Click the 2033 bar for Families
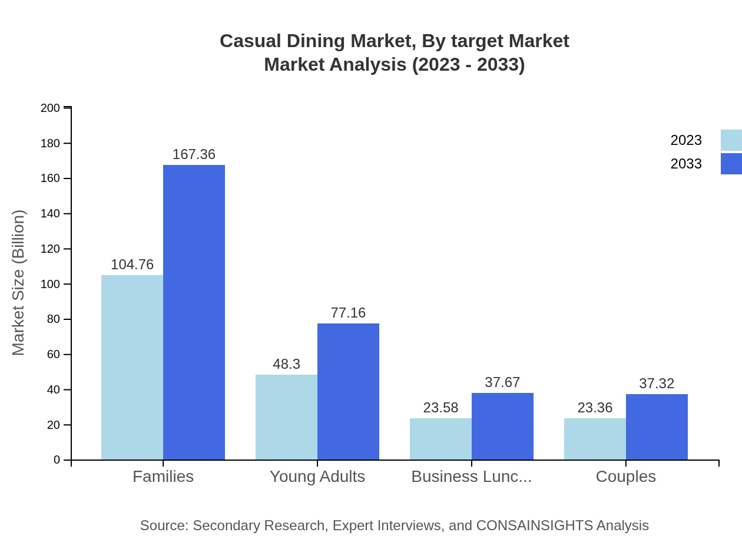[194, 312]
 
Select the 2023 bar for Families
[132, 367]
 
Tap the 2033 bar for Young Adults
[348, 391]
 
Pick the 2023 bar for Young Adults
[286, 417]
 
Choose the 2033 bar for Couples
[657, 427]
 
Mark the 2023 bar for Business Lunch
[440, 439]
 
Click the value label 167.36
[194, 154]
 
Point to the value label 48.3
[286, 364]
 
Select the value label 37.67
[502, 382]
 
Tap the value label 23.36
[595, 408]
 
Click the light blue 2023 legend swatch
[731, 140]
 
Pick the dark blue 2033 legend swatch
[731, 164]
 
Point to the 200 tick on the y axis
[51, 108]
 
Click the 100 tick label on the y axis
[51, 284]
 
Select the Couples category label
[625, 477]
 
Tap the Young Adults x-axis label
[317, 477]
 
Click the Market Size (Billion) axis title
[18, 283]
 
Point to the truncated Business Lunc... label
[471, 477]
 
